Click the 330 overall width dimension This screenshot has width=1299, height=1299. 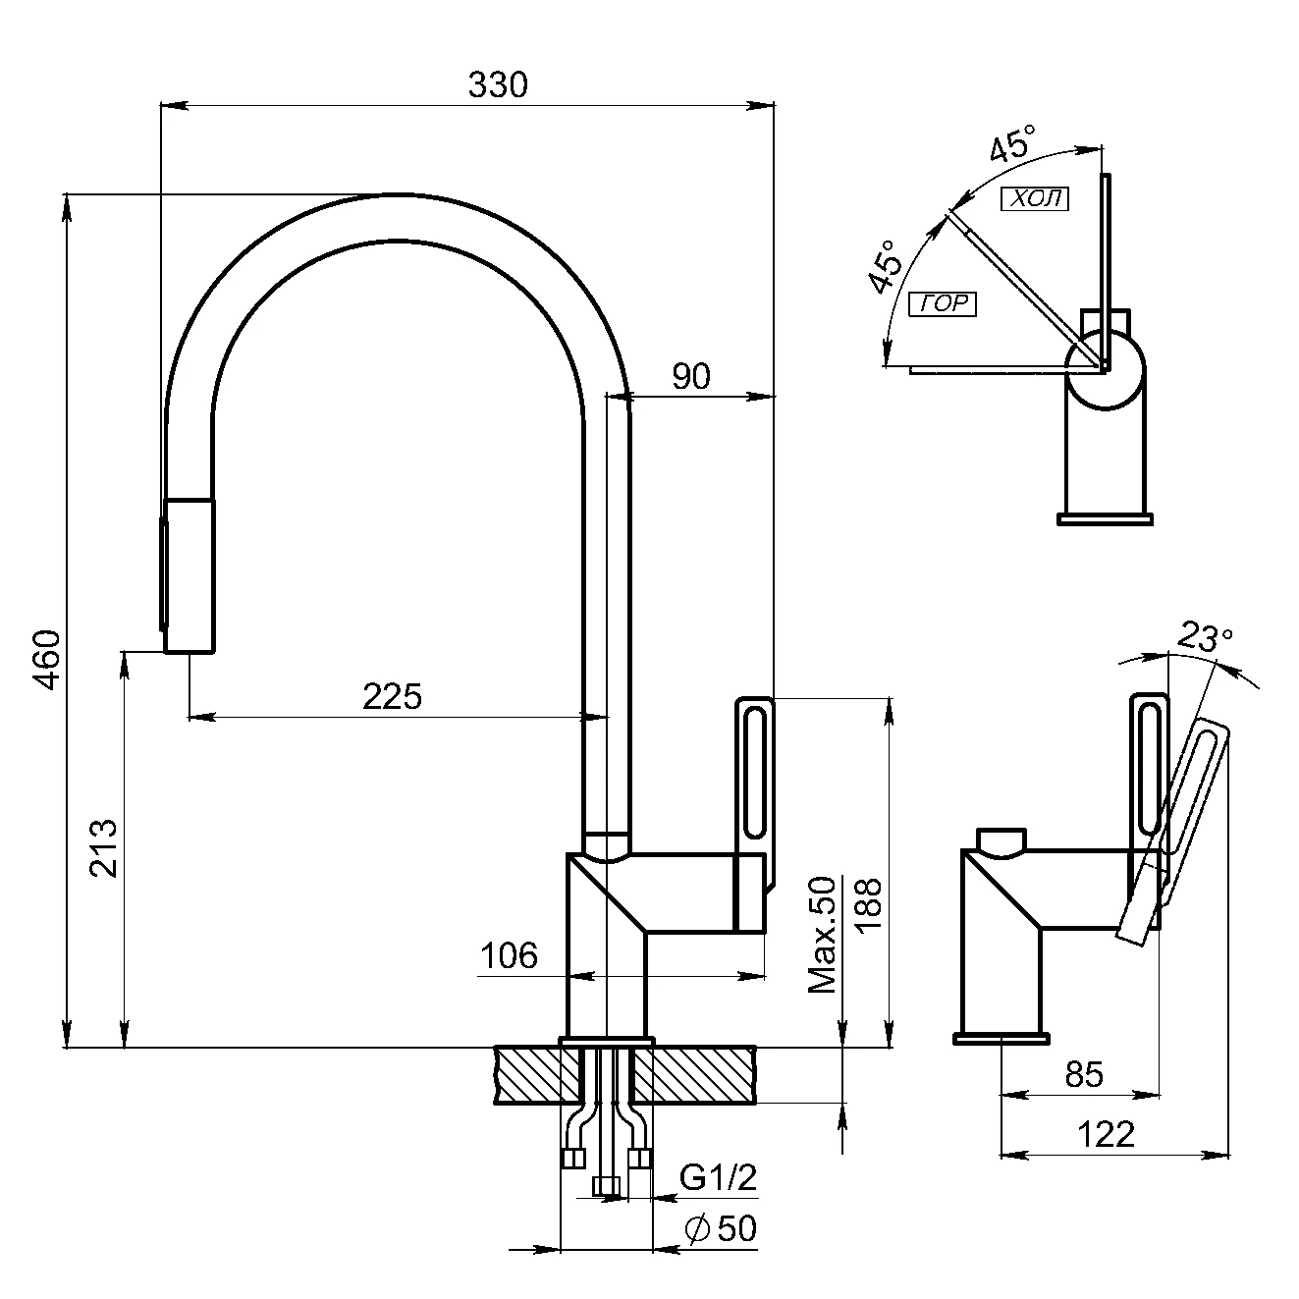pos(497,86)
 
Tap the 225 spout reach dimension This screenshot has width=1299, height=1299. pos(392,696)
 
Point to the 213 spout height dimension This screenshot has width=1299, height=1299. pos(103,847)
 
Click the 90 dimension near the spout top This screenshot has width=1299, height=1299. pos(691,376)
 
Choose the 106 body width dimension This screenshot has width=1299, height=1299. pos(510,955)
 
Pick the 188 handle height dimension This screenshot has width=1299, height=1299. pos(870,904)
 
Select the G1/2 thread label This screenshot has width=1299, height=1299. pos(719,1177)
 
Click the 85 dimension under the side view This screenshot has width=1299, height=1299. pos(1084,1074)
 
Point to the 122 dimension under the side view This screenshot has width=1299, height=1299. pos(1106,1135)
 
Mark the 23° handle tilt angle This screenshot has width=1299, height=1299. pos(1205,639)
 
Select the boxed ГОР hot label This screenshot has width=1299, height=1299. pos(944,304)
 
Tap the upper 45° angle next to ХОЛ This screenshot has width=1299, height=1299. pos(1010,144)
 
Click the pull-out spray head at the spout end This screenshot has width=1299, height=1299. pos(189,575)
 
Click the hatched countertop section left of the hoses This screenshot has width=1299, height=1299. pos(528,1076)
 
